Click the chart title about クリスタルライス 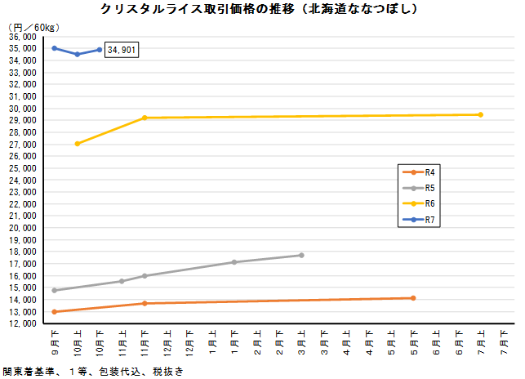coord(260,10)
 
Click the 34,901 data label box coord(122,50)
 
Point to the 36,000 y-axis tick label coord(21,37)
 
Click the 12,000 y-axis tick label coord(21,323)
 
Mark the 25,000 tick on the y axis coord(21,168)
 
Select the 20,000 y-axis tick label coord(21,228)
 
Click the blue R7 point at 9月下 coord(55,48)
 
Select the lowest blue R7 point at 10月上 coord(78,54)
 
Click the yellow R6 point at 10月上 coord(78,144)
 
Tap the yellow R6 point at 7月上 coord(480,114)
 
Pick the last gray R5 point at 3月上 coord(301,255)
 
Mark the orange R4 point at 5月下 coord(413,298)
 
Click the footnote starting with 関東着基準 coord(91,371)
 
